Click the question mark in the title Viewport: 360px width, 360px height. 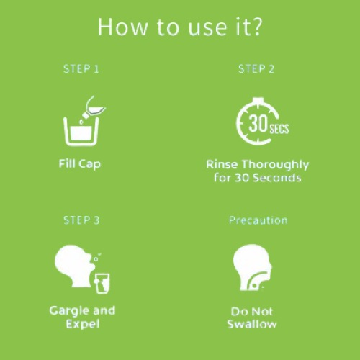coord(256,27)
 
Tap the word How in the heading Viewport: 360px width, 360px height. coord(123,27)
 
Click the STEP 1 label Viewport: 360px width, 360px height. coord(81,69)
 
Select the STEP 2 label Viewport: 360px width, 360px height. coord(256,69)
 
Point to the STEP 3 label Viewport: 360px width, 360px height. coord(81,220)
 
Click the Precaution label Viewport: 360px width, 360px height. coord(258,220)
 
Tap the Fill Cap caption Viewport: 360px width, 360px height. coord(80,164)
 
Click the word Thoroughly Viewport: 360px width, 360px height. coord(275,165)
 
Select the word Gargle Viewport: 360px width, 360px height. coord(69,311)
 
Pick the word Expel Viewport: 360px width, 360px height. coord(83,324)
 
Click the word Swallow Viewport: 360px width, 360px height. coord(252,324)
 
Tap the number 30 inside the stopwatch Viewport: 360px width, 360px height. coord(258,123)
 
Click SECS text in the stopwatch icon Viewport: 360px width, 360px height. coord(279,129)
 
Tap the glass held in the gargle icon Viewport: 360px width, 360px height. coord(102,284)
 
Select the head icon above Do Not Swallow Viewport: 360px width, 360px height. coord(252,267)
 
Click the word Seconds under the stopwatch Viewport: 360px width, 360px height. coord(277,178)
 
